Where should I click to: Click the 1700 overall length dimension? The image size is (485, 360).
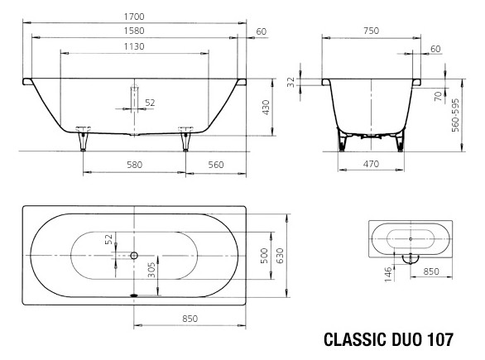[135, 17]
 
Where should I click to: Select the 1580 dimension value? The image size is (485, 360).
[135, 31]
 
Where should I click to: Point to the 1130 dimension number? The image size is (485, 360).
[135, 46]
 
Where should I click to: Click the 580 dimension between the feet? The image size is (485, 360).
[135, 164]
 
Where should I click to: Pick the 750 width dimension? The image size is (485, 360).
[372, 31]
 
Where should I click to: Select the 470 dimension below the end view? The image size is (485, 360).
[371, 164]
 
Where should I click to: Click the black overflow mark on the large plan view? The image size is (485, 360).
[135, 293]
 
